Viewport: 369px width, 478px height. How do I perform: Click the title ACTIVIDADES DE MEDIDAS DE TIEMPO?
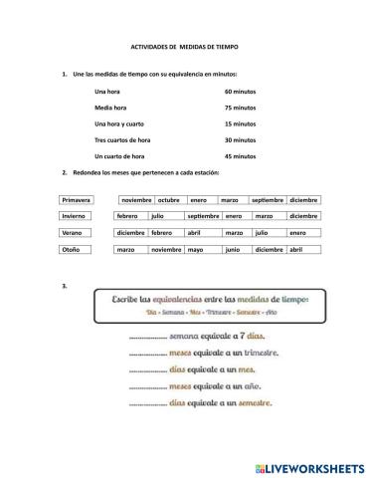point(185,47)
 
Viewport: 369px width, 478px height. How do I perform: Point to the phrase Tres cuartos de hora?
point(122,140)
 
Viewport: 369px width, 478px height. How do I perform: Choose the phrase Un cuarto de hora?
point(120,156)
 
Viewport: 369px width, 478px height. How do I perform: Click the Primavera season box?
point(77,200)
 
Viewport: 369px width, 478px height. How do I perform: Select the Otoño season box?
point(77,249)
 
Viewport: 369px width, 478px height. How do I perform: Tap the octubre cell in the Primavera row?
point(169,200)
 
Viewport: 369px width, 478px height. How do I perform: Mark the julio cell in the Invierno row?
point(157,216)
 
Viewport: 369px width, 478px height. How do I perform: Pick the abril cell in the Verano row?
point(194,232)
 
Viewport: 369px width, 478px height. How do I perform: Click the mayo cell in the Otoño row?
point(195,249)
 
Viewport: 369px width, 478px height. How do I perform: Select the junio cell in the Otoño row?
point(233,249)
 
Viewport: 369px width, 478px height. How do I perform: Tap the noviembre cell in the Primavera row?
point(136,200)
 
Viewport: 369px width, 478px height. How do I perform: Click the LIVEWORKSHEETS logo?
point(309,465)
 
